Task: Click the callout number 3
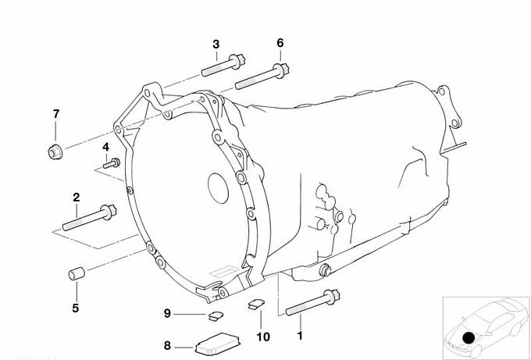(x=216, y=45)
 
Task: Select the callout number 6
(x=280, y=43)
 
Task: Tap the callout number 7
(x=56, y=114)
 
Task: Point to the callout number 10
(x=263, y=337)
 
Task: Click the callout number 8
(x=167, y=345)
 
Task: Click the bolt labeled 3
(x=223, y=65)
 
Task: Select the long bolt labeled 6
(x=262, y=77)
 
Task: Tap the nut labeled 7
(x=55, y=151)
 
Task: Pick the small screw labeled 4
(x=112, y=163)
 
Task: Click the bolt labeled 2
(x=89, y=218)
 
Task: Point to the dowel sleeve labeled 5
(x=77, y=273)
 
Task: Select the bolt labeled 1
(x=312, y=302)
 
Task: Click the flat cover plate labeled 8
(x=217, y=344)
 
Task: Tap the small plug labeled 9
(x=216, y=315)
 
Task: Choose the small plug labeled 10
(x=256, y=304)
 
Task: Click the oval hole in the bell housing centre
(x=218, y=188)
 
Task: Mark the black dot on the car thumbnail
(x=469, y=337)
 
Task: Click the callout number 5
(x=76, y=308)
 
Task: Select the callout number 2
(x=77, y=198)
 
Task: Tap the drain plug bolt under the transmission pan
(x=326, y=270)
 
